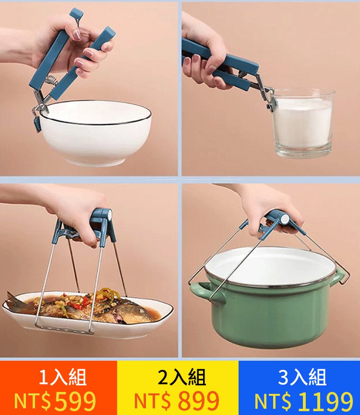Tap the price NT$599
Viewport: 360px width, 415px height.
tap(55, 401)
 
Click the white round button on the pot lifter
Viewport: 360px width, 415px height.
tap(285, 220)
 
